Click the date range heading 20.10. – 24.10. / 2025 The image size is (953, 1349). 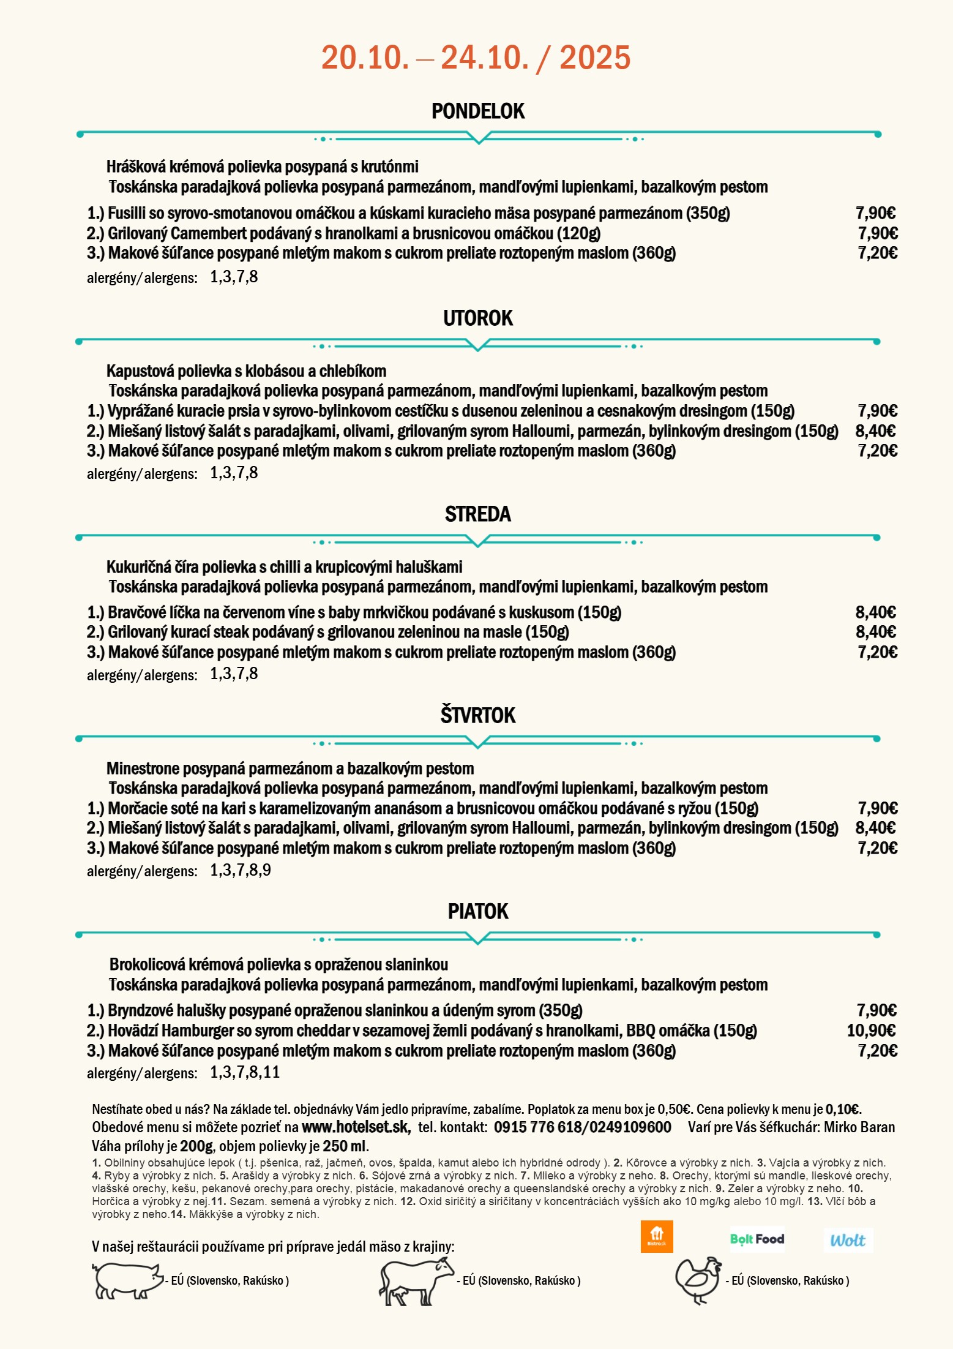coord(476,58)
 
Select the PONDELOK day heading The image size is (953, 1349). coord(478,111)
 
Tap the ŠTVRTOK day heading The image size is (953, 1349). coord(478,715)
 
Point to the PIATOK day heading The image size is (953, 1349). coord(478,912)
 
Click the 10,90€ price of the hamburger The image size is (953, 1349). coord(871,1031)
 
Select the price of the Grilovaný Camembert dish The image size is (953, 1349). coord(878,233)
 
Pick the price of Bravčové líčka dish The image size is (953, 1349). coord(875,612)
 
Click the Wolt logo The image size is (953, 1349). coord(848,1241)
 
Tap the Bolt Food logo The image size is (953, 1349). coord(757,1239)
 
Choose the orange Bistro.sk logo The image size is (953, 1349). coord(657,1237)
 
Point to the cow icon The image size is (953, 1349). coord(416,1281)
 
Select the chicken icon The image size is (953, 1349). coord(698,1280)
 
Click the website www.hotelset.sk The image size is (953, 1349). coord(356,1127)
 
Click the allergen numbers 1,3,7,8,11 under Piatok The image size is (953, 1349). coord(245,1072)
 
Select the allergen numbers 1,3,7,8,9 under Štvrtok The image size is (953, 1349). coord(240,870)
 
